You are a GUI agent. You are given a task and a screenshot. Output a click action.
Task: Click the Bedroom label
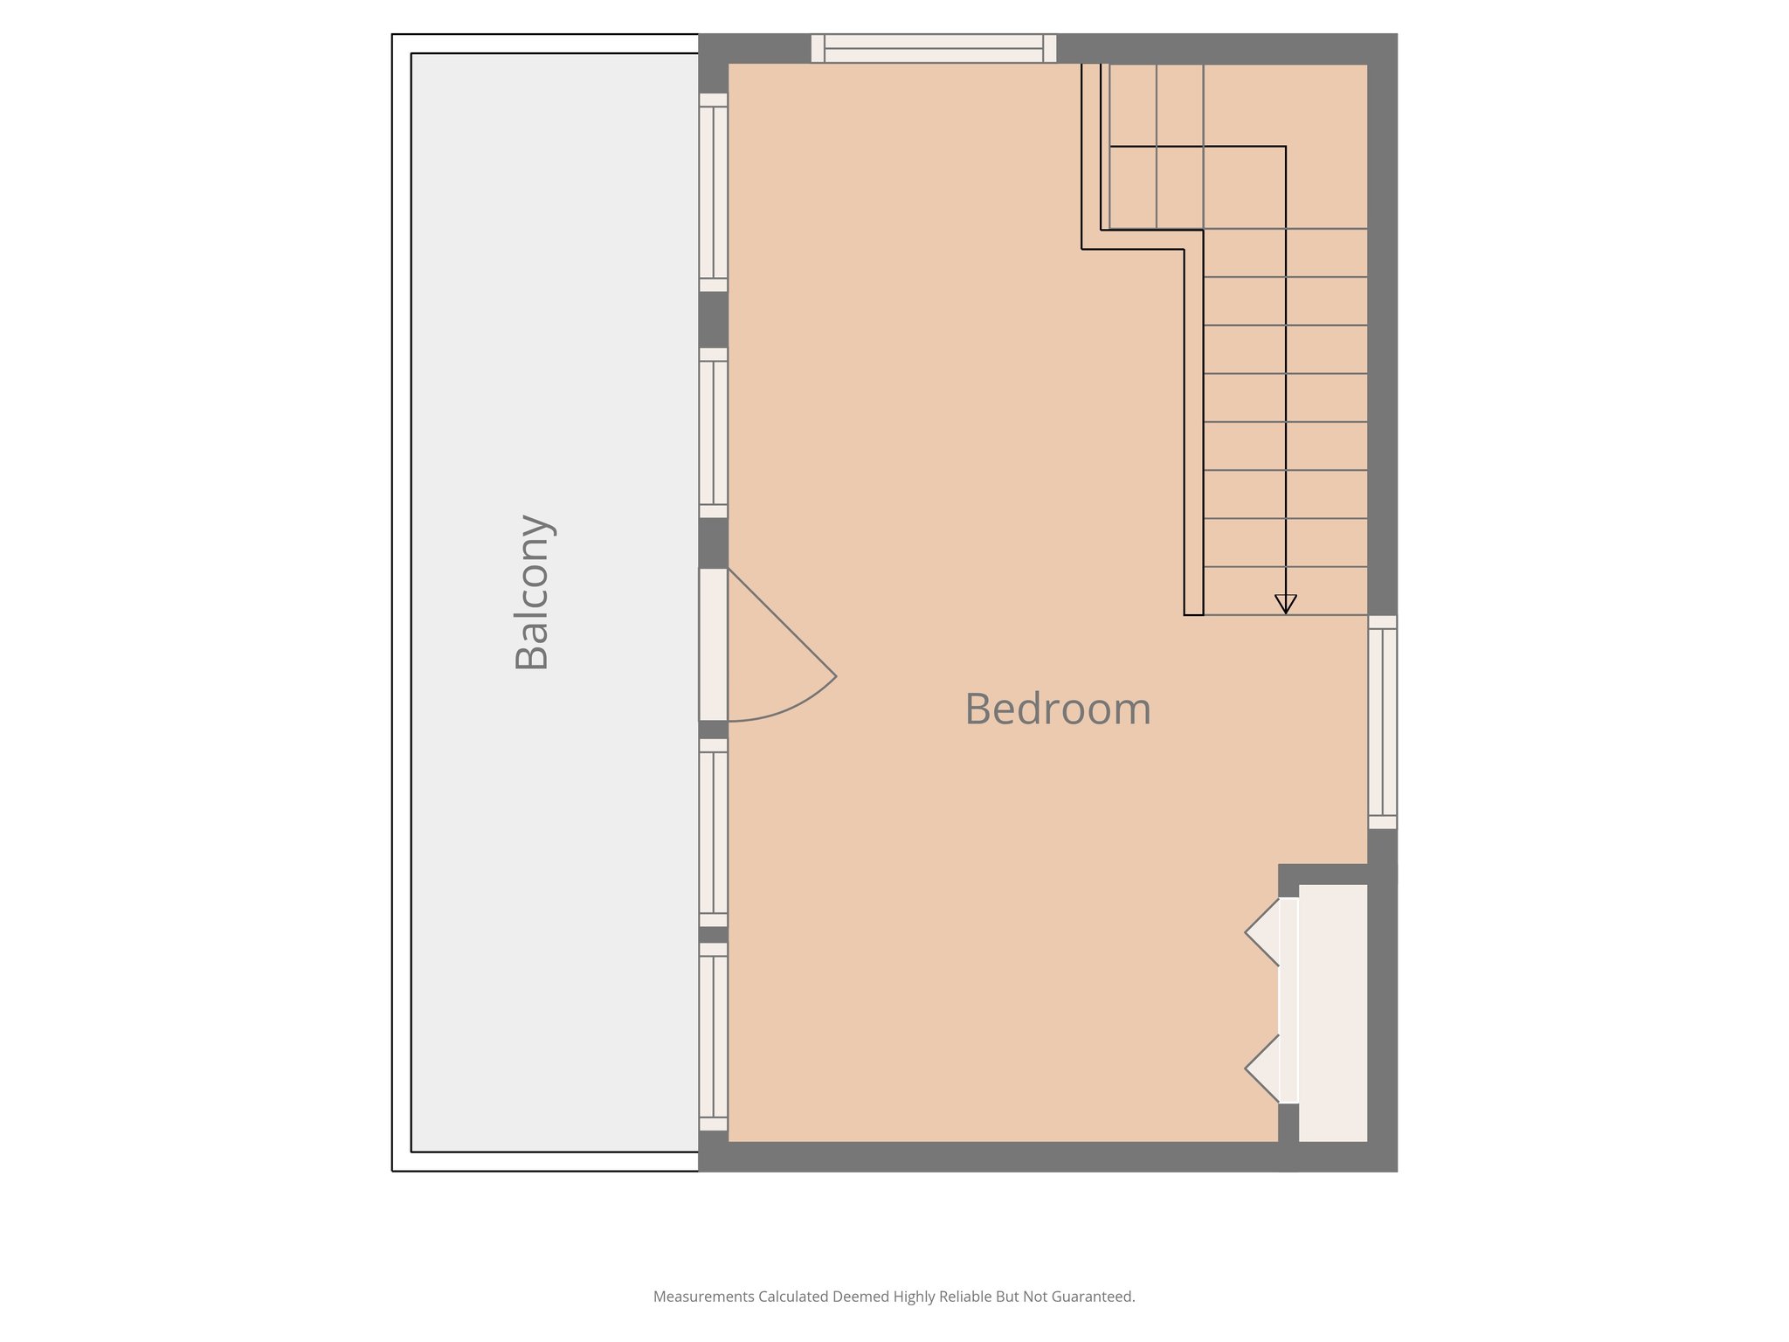(x=1058, y=709)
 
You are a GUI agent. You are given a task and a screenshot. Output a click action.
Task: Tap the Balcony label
(x=532, y=592)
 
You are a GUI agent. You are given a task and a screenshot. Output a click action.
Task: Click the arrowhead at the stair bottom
(x=1285, y=604)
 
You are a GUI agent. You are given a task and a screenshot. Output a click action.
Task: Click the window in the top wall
(x=933, y=49)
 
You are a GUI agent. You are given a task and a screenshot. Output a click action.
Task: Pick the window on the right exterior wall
(x=1382, y=722)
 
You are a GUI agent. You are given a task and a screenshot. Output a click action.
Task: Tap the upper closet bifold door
(x=1263, y=933)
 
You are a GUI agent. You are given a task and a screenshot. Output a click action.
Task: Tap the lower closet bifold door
(x=1263, y=1069)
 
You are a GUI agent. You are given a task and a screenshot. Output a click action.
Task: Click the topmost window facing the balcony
(x=713, y=192)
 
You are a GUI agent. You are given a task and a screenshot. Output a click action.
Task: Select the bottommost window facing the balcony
(x=713, y=1036)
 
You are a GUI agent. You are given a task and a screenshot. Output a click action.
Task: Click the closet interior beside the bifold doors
(x=1332, y=1013)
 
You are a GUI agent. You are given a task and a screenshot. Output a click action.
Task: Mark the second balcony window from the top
(x=713, y=432)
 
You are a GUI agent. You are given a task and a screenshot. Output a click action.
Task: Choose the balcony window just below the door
(x=713, y=833)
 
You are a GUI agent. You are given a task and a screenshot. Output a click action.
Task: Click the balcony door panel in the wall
(x=713, y=645)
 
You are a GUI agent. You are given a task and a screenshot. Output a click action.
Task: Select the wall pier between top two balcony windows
(x=713, y=320)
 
